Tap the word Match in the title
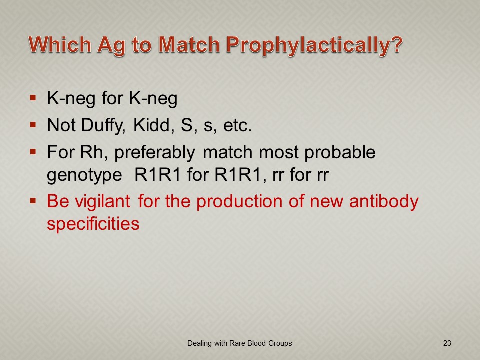coord(189,44)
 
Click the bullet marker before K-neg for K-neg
coord(33,98)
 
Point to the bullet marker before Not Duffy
coord(33,125)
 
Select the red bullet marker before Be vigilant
coord(33,201)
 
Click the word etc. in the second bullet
coord(238,126)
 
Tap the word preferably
coord(155,153)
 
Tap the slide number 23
coord(447,343)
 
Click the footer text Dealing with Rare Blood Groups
coord(239,344)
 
